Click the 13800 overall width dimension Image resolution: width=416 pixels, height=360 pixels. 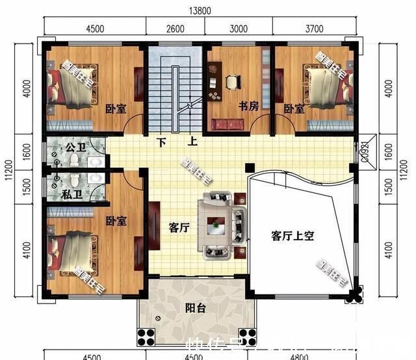pyautogui.click(x=199, y=11)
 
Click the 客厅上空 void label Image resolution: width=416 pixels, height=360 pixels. pyautogui.click(x=292, y=236)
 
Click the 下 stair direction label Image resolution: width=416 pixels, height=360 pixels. pyautogui.click(x=160, y=141)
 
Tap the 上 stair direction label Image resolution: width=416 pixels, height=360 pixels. pyautogui.click(x=192, y=141)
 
